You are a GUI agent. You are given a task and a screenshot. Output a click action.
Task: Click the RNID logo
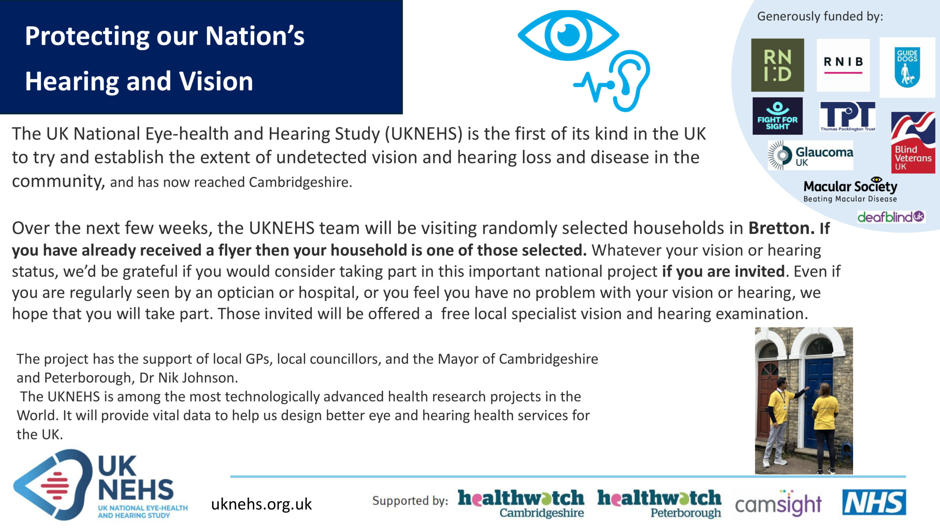[x=777, y=65]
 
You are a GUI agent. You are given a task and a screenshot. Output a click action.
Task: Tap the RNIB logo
[x=843, y=65]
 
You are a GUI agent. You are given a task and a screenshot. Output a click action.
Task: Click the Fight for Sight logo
[x=777, y=116]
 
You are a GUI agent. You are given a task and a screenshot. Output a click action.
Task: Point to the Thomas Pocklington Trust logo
[x=848, y=116]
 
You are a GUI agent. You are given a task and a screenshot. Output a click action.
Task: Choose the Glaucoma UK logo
[x=810, y=155]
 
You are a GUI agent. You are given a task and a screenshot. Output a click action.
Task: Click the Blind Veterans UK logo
[x=913, y=143]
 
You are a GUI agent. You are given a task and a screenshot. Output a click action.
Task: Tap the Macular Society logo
[x=850, y=190]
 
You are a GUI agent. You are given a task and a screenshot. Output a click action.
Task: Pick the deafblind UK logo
[x=891, y=217]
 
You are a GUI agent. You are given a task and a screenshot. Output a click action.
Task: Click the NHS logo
[x=874, y=502]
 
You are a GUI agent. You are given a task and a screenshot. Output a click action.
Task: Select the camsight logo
[x=778, y=503]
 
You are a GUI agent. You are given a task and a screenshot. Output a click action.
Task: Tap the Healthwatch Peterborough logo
[x=659, y=503]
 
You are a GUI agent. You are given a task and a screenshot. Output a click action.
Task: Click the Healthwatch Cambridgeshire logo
[x=521, y=503]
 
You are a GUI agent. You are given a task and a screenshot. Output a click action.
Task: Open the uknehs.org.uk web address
[x=261, y=504]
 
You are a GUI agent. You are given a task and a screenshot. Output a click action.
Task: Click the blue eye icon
[x=568, y=35]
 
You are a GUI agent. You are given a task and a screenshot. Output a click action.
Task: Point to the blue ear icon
[x=629, y=81]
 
